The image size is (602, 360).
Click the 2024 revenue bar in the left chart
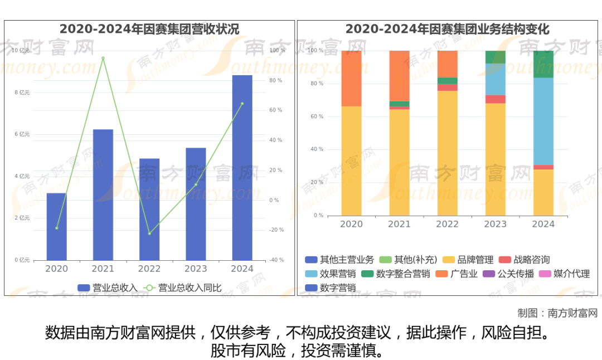tap(242, 167)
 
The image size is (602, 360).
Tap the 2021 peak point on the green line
tap(103, 58)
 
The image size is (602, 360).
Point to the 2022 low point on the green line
tap(149, 233)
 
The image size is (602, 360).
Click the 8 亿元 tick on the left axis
tap(22, 93)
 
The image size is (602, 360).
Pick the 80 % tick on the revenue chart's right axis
tap(276, 80)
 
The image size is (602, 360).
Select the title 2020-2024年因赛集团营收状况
tap(149, 29)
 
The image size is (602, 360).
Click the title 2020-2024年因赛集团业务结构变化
tap(447, 29)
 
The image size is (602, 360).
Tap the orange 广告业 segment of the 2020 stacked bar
tap(351, 78)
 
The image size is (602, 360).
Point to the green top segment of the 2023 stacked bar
tap(495, 57)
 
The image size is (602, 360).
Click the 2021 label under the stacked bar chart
tap(399, 224)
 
